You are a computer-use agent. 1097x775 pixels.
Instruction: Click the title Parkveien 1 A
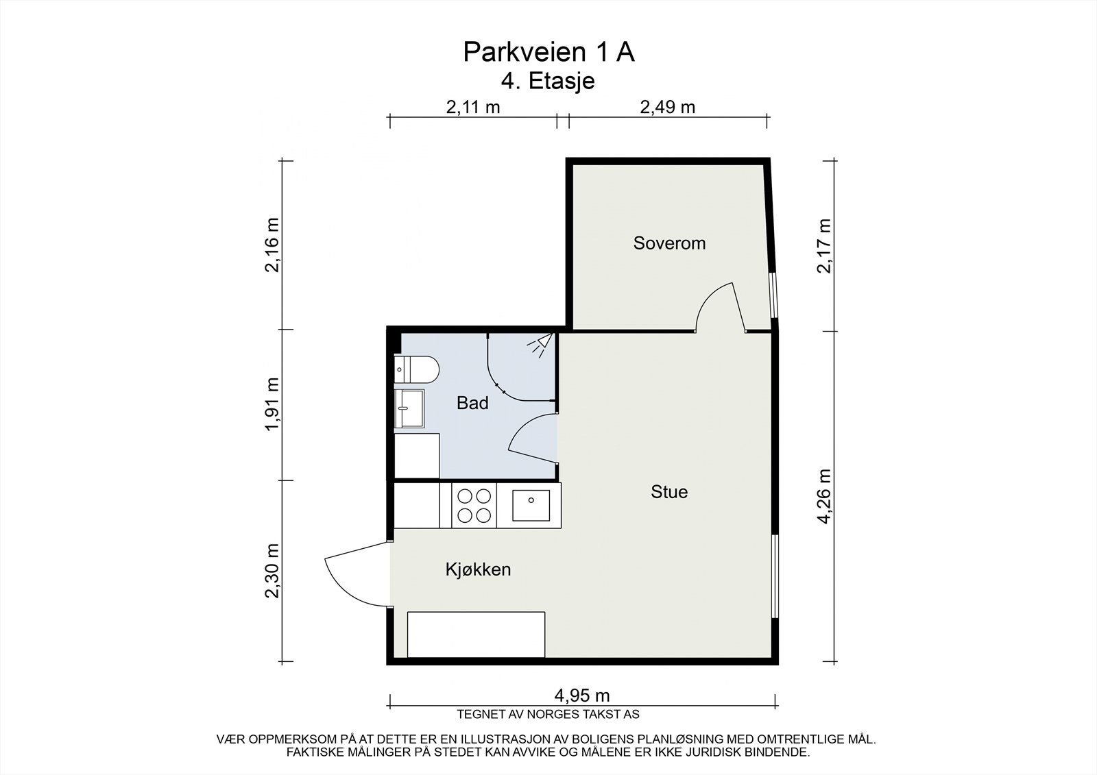click(548, 52)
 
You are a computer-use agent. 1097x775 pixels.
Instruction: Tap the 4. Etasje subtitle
click(548, 82)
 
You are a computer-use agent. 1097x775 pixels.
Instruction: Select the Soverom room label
click(669, 243)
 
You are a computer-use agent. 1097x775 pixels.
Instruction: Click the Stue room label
click(669, 491)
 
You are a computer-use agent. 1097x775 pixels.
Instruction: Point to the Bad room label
click(472, 403)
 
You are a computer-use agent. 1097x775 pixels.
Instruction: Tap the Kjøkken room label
click(478, 569)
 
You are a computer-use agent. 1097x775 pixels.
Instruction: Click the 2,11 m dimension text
click(472, 107)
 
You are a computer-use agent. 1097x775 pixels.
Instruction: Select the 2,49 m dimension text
click(668, 107)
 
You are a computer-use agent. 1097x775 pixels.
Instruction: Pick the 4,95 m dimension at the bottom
click(582, 696)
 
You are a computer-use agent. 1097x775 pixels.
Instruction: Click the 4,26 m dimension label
click(825, 496)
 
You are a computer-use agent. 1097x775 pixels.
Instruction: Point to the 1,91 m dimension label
click(272, 404)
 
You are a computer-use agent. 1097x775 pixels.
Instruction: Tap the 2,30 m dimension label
click(272, 571)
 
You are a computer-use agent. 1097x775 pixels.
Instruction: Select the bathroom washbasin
click(409, 409)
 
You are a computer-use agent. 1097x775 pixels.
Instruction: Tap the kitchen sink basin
click(531, 505)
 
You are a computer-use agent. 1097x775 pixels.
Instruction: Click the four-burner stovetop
click(474, 505)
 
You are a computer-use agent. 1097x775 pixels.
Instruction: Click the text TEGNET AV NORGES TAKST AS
click(548, 714)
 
